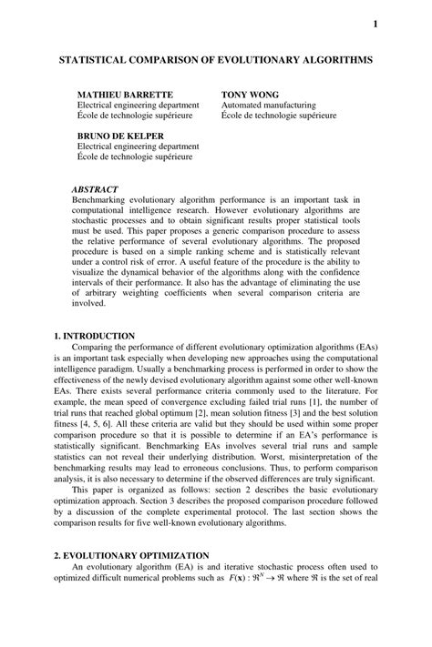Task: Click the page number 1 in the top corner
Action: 375,25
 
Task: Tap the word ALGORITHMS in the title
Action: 331,57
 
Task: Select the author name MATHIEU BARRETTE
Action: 124,95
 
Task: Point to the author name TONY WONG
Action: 250,95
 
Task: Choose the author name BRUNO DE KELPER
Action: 120,136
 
